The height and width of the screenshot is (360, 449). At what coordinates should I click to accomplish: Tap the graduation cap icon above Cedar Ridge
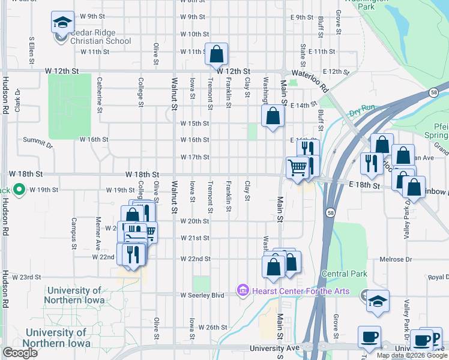pos(62,23)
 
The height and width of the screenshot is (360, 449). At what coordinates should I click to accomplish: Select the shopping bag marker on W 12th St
pos(217,55)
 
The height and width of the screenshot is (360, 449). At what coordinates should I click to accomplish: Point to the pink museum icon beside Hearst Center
pos(243,290)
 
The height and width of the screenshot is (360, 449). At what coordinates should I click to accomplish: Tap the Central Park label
pos(344,274)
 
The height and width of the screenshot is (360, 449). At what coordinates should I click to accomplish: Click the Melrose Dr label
pos(396,259)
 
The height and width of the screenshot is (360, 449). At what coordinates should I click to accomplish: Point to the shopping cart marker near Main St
pos(297,167)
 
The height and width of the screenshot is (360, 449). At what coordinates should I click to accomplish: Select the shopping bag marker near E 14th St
pos(273,116)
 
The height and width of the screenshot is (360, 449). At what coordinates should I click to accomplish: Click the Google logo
pos(20,353)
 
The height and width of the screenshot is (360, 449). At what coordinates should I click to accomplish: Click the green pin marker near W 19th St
pos(19,190)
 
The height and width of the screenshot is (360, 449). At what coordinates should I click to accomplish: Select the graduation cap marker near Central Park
pos(378,302)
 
